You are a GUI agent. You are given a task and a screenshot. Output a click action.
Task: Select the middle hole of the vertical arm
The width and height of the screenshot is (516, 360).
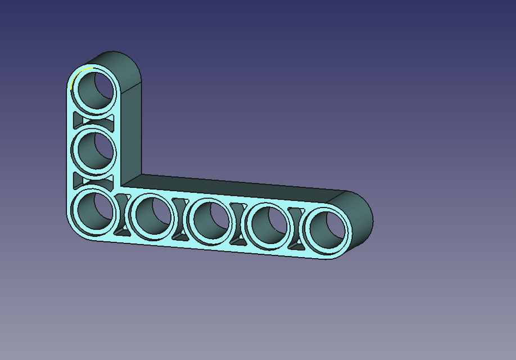[94, 150]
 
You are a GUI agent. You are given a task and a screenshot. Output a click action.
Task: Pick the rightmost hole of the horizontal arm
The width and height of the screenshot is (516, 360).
[327, 232]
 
